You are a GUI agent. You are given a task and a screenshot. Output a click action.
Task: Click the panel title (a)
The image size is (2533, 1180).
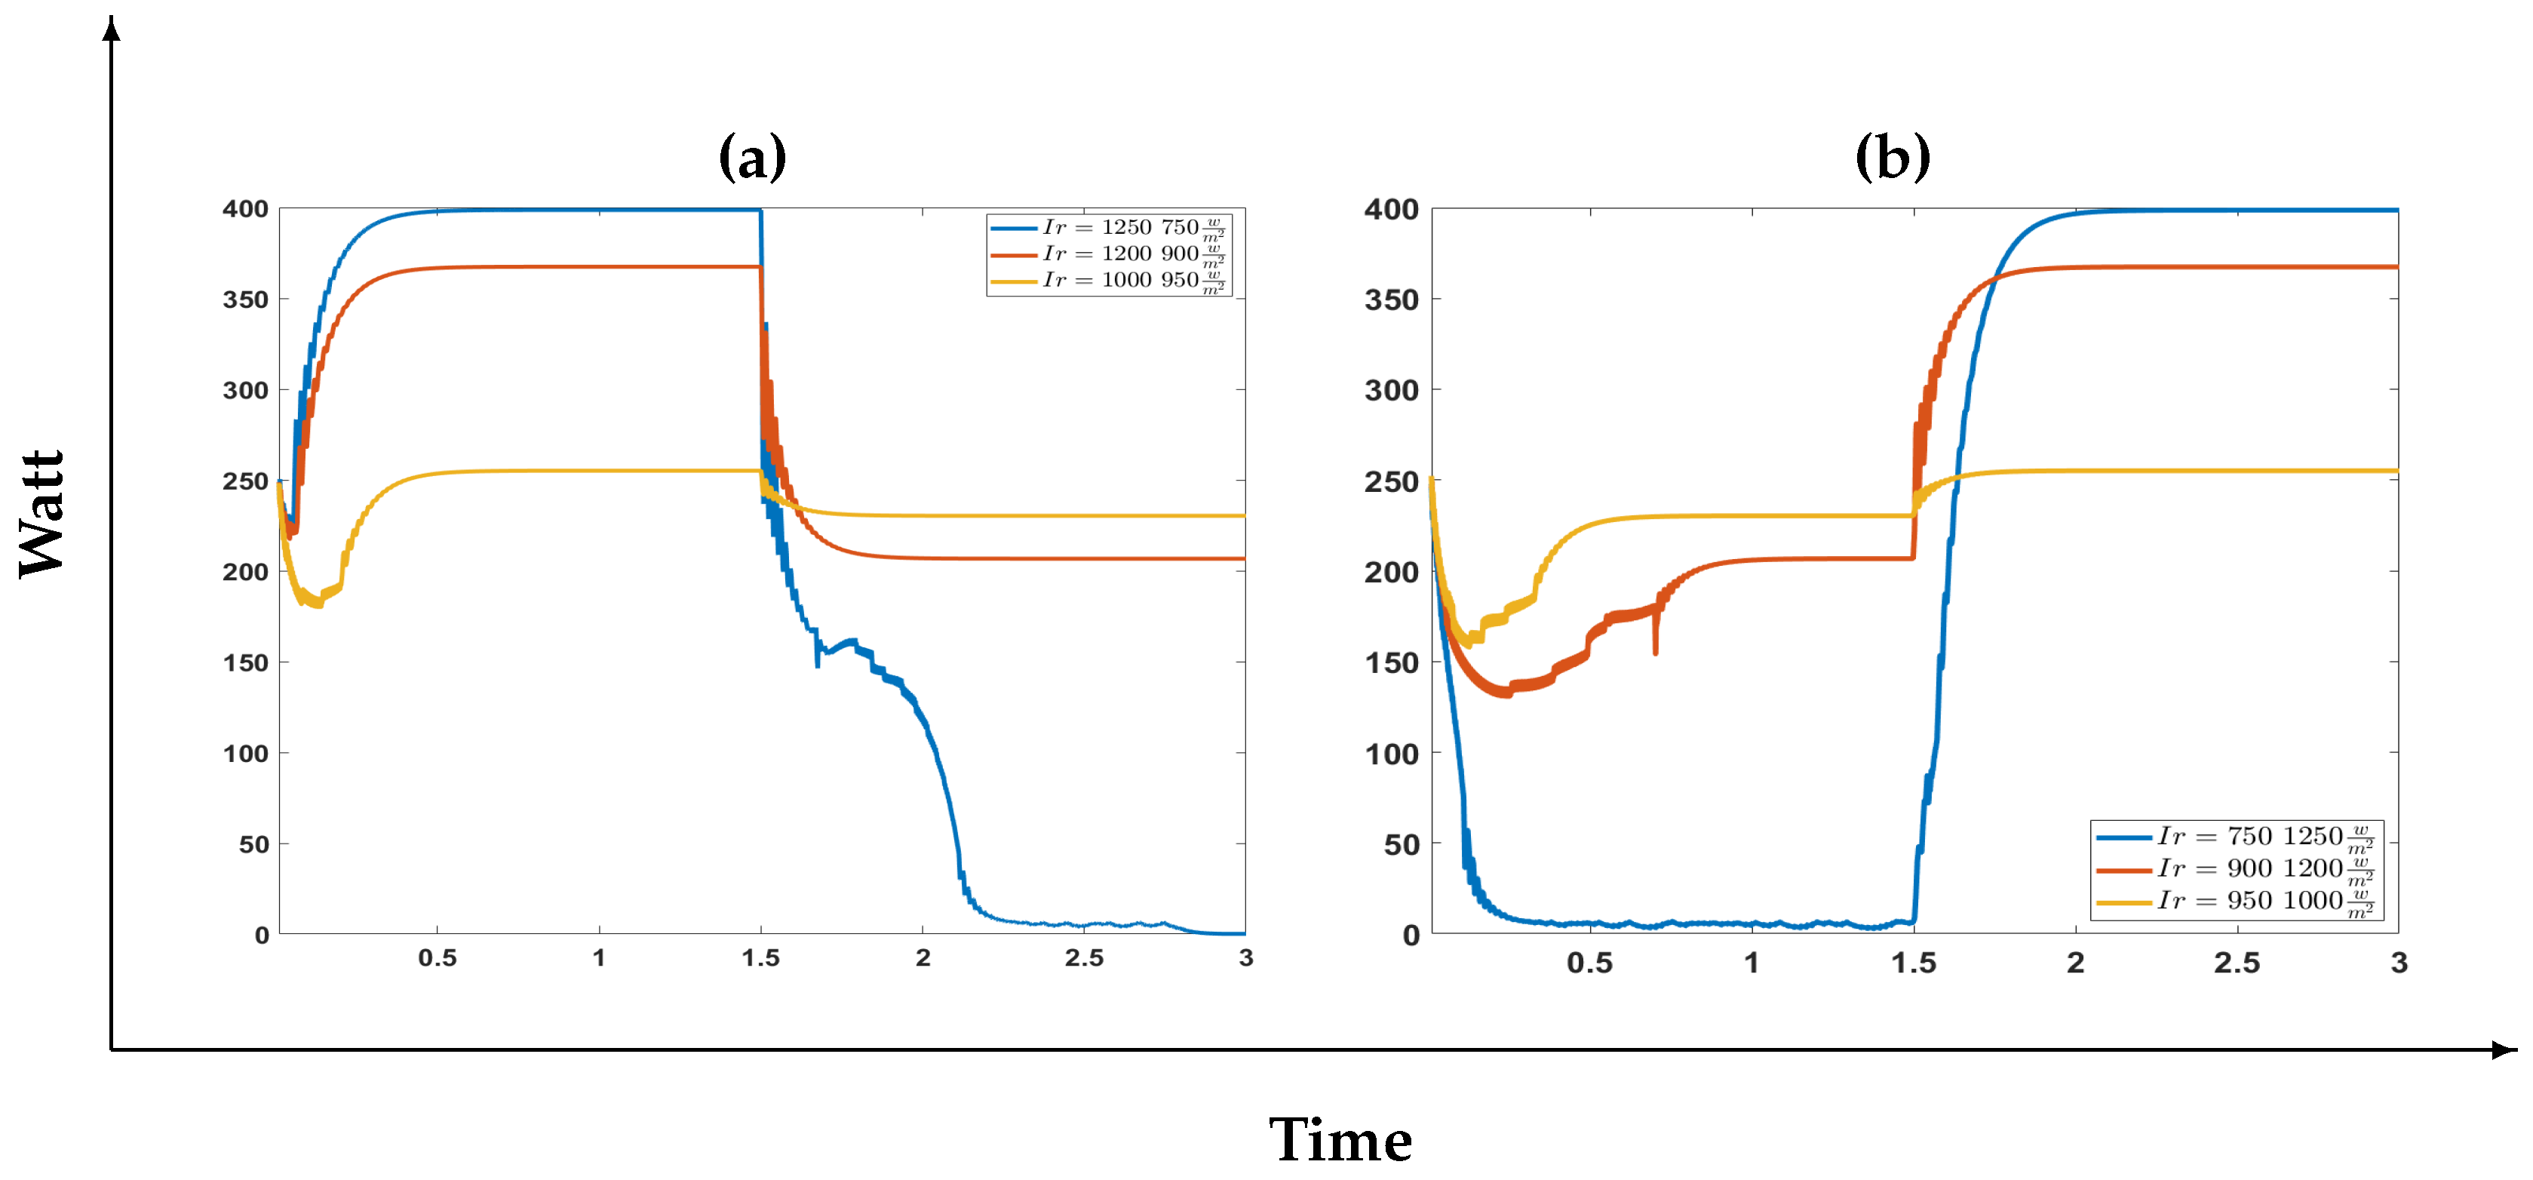[x=752, y=158]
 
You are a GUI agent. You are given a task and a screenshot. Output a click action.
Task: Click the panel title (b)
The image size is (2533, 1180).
[x=1892, y=158]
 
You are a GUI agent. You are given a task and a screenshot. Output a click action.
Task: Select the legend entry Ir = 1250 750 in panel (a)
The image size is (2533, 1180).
[x=1109, y=228]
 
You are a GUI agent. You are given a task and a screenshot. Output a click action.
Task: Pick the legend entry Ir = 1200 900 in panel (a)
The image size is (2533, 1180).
[x=1109, y=255]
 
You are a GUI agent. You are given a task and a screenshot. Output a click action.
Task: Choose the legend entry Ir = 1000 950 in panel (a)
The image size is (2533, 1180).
[x=1109, y=281]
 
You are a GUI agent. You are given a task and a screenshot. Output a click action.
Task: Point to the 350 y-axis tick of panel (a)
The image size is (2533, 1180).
[x=245, y=300]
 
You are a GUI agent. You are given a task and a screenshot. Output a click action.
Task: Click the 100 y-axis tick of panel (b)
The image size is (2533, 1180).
[x=1390, y=754]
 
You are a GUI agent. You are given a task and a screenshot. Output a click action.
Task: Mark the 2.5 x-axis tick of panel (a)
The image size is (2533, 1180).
[x=1084, y=959]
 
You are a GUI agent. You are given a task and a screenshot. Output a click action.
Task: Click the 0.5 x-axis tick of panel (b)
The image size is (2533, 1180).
[x=1589, y=963]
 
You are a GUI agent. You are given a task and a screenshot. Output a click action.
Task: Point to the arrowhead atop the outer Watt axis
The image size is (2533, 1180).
[x=112, y=29]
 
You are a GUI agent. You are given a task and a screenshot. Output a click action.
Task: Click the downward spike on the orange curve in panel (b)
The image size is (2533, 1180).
[x=1655, y=644]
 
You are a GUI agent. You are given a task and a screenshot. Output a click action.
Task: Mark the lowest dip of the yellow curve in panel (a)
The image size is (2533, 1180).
[x=315, y=603]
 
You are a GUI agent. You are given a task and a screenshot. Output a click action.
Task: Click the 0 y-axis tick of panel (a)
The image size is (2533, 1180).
[x=262, y=935]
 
